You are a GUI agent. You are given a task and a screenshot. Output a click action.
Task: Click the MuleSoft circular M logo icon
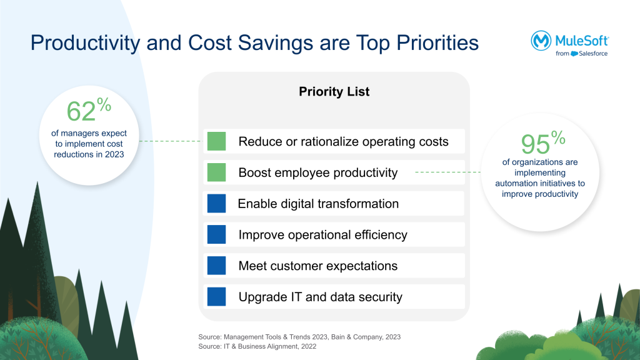[541, 41]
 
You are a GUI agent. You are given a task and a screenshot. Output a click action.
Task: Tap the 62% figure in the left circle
[89, 109]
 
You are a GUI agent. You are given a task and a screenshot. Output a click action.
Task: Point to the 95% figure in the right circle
[543, 142]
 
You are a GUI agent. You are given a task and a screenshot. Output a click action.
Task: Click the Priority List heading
[334, 91]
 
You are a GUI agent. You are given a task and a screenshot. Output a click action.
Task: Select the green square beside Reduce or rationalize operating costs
[216, 141]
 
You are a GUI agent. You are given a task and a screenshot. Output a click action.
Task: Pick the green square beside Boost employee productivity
[216, 172]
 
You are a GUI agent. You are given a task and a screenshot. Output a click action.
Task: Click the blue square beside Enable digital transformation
[216, 203]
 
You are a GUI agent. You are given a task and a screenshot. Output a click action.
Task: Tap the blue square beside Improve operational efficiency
[216, 234]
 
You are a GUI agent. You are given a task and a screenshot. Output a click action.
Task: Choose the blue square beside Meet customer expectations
[216, 265]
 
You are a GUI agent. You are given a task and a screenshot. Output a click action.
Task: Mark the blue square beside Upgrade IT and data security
[216, 297]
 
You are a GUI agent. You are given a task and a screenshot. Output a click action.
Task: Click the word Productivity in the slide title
[85, 43]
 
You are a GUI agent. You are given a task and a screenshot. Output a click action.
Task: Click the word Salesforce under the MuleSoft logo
[593, 54]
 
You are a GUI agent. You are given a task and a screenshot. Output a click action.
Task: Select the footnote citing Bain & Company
[299, 337]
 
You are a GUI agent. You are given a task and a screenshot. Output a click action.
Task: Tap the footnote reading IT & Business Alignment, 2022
[257, 346]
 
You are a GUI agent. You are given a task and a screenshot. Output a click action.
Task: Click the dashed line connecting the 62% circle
[170, 141]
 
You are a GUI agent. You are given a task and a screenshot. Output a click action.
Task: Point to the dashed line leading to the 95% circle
[447, 172]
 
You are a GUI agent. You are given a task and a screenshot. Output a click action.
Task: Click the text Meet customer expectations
[318, 266]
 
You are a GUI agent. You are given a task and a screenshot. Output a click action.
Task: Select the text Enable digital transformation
[318, 204]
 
